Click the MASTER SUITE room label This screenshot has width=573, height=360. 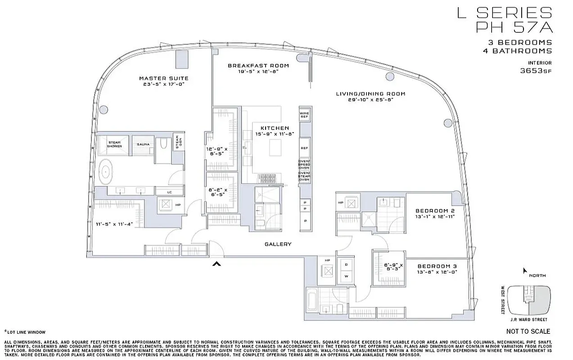[163, 78]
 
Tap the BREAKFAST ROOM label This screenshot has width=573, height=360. [258, 66]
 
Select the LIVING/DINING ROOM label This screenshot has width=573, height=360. [370, 94]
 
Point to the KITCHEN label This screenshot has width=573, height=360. [275, 128]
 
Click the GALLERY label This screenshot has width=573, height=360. [278, 244]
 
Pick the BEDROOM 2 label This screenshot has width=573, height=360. [435, 211]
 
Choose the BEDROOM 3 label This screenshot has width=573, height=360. [435, 266]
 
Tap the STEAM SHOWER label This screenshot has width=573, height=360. [114, 144]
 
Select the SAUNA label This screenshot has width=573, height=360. [144, 144]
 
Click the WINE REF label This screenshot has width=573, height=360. [304, 115]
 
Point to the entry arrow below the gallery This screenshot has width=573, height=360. [217, 264]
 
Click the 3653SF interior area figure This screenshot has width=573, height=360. [536, 71]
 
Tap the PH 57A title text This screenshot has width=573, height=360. [514, 27]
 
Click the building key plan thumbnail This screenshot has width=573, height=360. [529, 300]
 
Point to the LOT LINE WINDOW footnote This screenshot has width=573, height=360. [26, 332]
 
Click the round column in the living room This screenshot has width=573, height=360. [447, 122]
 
